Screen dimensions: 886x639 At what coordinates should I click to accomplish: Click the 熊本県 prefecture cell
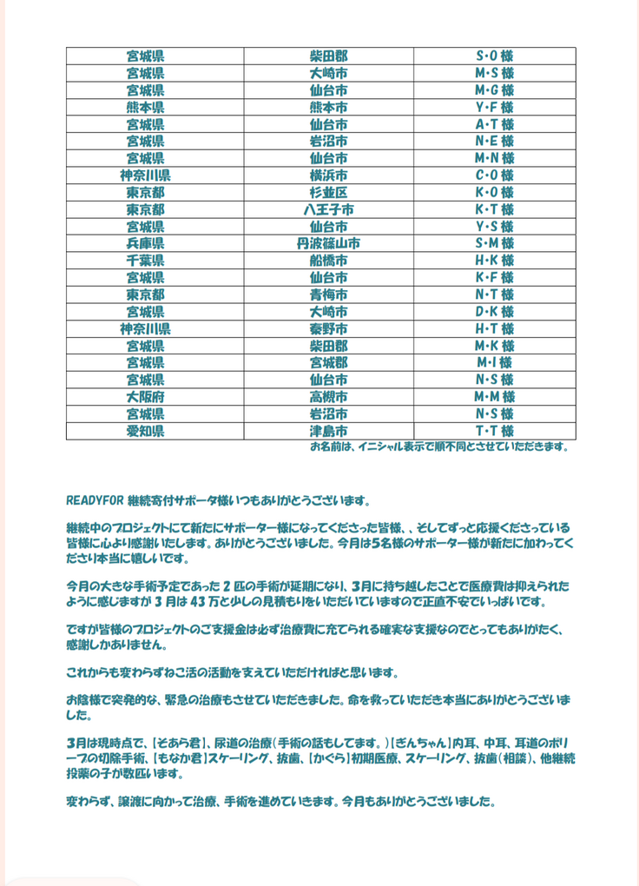click(x=146, y=108)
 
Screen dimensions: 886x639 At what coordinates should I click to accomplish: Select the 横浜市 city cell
click(x=328, y=175)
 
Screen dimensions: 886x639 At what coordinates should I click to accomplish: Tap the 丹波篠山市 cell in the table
click(x=328, y=243)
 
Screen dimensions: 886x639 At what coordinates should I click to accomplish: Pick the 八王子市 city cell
click(x=328, y=209)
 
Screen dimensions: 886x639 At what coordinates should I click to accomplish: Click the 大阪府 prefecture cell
click(x=146, y=396)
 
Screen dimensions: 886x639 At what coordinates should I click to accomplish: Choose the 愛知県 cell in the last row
click(x=146, y=431)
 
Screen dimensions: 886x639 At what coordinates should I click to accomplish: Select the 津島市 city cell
click(x=328, y=431)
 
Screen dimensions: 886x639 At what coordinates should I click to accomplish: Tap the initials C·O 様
click(x=494, y=175)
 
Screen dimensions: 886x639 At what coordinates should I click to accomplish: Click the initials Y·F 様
click(x=494, y=108)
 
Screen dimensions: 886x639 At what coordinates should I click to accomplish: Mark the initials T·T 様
click(x=494, y=431)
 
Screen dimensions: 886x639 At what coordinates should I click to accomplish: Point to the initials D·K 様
click(x=494, y=311)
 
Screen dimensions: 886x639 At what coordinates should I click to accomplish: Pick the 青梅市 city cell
click(x=328, y=294)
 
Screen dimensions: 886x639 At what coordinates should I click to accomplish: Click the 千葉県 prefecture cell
click(x=146, y=261)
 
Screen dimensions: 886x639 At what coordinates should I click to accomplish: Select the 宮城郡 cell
click(x=328, y=362)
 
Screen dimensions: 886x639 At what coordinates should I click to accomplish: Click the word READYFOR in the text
click(x=95, y=501)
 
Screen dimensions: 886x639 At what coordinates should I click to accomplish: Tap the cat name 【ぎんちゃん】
click(x=422, y=744)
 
